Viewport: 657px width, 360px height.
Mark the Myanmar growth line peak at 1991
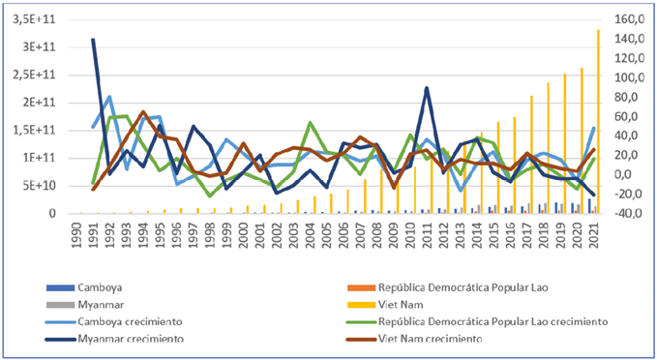point(94,40)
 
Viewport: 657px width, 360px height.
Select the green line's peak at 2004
point(311,123)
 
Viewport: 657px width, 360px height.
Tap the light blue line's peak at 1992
point(110,97)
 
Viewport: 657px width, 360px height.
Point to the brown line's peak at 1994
point(143,112)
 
